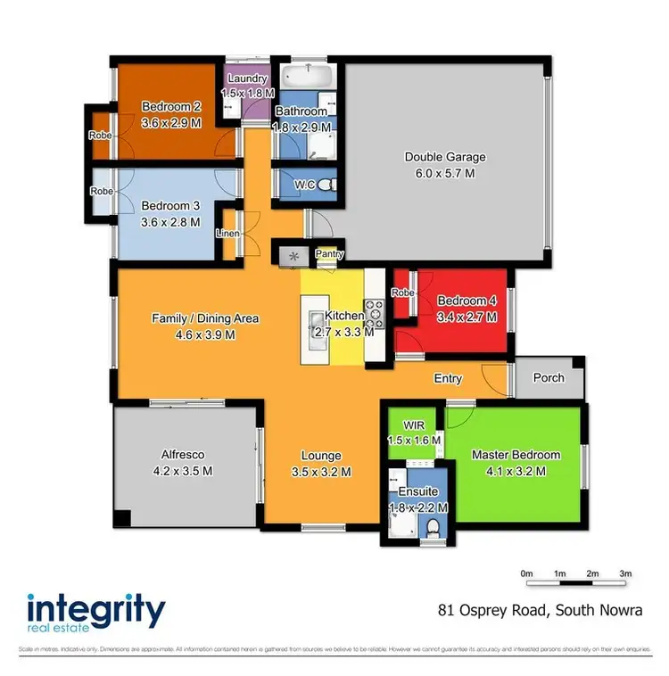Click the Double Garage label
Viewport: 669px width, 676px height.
(x=445, y=157)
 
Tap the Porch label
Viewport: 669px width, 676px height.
(x=548, y=377)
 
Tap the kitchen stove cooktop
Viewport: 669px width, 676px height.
(x=376, y=315)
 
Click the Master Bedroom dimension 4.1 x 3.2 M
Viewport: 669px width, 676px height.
(x=516, y=472)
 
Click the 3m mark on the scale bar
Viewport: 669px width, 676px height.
(x=625, y=573)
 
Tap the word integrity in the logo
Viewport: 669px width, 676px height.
(x=96, y=612)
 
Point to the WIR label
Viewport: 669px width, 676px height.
(x=412, y=425)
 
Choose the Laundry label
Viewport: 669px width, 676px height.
(x=245, y=78)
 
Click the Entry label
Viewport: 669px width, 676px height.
(x=448, y=378)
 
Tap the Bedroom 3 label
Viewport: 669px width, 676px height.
(x=170, y=206)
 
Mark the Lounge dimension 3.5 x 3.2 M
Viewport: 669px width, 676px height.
(x=320, y=472)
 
